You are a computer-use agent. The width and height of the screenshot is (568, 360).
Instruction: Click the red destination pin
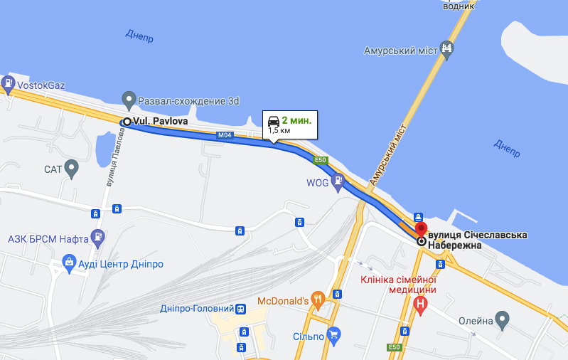[x=421, y=230]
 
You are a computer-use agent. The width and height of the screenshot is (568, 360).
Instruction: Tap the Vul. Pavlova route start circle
[x=127, y=122]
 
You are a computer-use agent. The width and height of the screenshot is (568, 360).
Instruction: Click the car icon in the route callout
[x=273, y=121]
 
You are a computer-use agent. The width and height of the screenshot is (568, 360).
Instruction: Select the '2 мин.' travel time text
[x=296, y=121]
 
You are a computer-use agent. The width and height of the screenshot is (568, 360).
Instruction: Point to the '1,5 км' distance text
[x=279, y=131]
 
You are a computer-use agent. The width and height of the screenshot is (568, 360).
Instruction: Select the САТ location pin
[x=71, y=169]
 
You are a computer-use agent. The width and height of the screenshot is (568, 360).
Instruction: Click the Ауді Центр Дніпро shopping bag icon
[x=69, y=265]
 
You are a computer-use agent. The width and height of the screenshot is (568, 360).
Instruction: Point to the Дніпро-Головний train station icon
[x=242, y=309]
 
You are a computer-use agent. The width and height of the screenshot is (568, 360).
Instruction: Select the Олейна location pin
[x=503, y=320]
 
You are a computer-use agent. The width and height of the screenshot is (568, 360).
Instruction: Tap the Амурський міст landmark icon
[x=446, y=49]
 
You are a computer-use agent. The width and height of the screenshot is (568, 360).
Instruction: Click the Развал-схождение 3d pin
[x=129, y=98]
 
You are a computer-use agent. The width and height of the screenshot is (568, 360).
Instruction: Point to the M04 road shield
[x=225, y=135]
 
